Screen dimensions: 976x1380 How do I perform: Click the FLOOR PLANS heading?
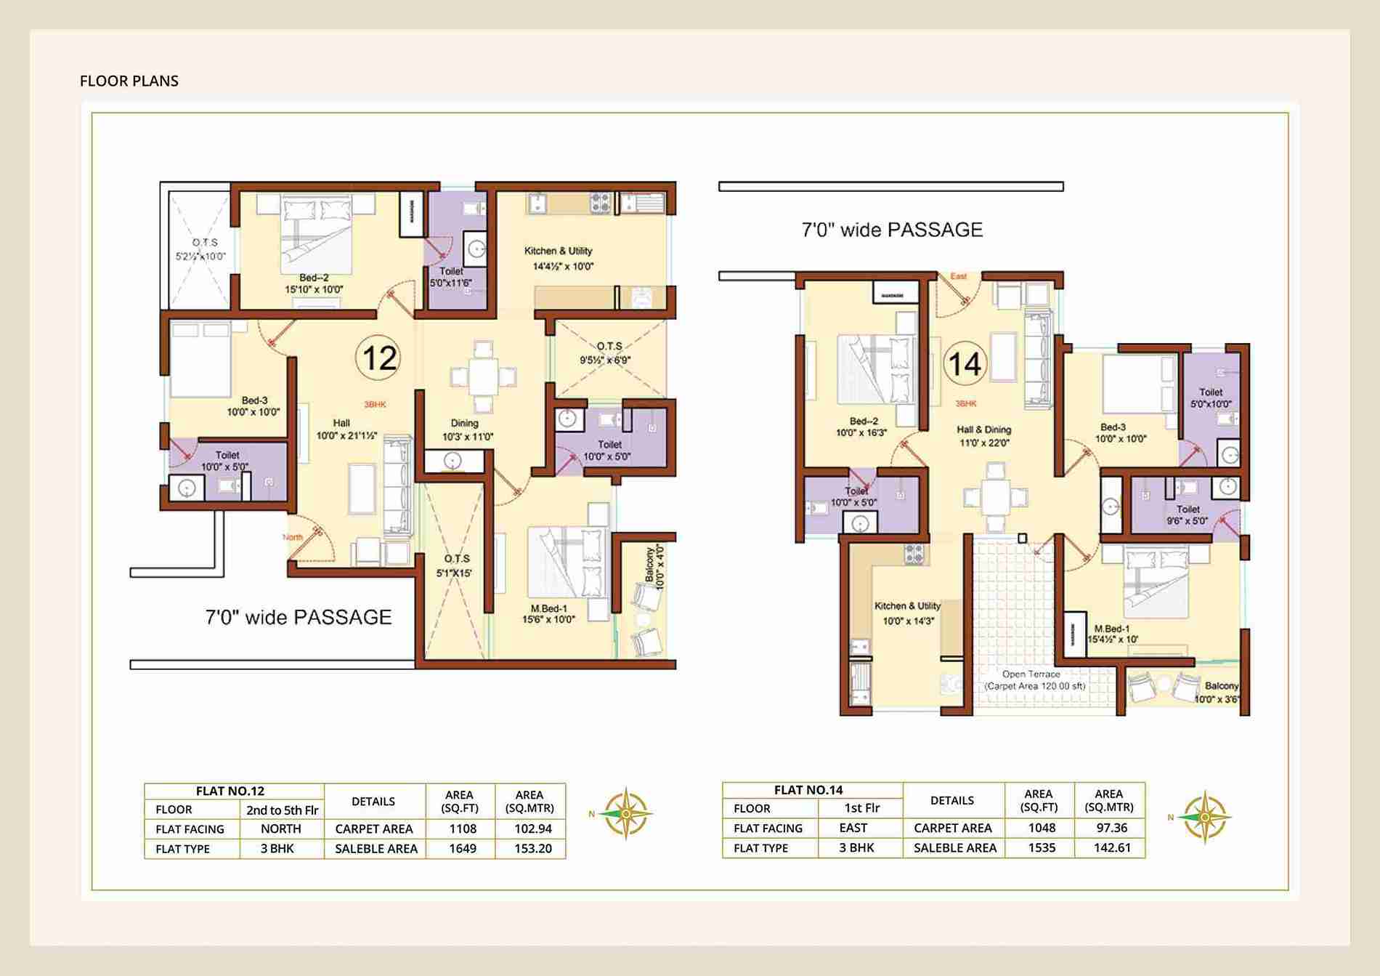click(129, 81)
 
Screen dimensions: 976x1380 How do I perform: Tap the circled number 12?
click(379, 358)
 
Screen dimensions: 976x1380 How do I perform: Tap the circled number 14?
click(965, 363)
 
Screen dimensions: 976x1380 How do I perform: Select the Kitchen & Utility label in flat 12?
click(559, 251)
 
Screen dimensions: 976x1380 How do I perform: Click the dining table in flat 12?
click(483, 376)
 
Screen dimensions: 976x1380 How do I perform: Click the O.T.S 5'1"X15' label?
click(457, 565)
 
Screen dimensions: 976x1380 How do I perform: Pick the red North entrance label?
click(293, 537)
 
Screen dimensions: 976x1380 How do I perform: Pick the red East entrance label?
click(959, 276)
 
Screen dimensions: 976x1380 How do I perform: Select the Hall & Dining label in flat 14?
click(983, 429)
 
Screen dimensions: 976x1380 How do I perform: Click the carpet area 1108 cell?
click(463, 828)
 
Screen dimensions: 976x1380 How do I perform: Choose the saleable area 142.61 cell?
click(1112, 847)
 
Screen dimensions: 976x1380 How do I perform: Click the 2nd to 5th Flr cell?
click(282, 810)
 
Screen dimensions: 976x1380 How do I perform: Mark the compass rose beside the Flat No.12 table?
click(626, 814)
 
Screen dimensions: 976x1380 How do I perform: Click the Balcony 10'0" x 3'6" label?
click(1219, 692)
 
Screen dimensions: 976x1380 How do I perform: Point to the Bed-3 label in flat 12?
click(254, 406)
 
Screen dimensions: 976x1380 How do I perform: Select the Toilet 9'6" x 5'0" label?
click(1187, 515)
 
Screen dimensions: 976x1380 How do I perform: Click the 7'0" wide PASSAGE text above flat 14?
click(892, 230)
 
